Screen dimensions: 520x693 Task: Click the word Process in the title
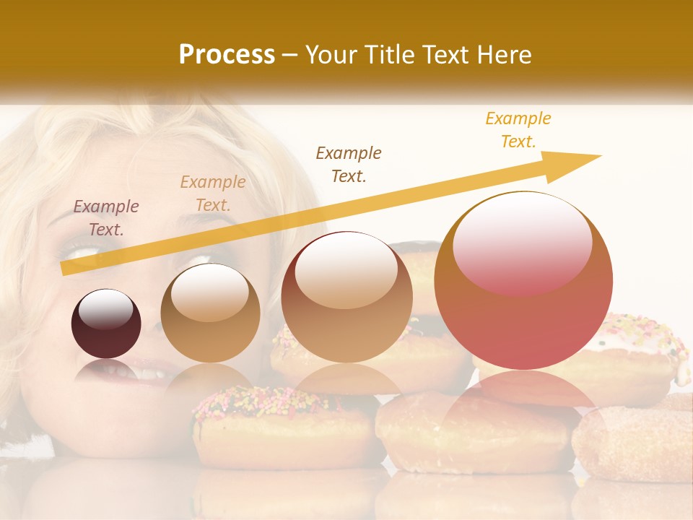[227, 55]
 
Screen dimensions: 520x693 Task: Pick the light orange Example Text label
[213, 194]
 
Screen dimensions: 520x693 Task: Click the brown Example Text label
[349, 164]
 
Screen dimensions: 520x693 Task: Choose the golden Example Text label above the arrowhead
[518, 130]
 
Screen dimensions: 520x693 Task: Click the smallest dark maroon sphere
[106, 324]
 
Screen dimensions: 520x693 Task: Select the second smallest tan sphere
[210, 313]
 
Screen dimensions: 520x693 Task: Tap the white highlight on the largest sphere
[522, 242]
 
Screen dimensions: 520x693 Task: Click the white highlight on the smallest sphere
[106, 308]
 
